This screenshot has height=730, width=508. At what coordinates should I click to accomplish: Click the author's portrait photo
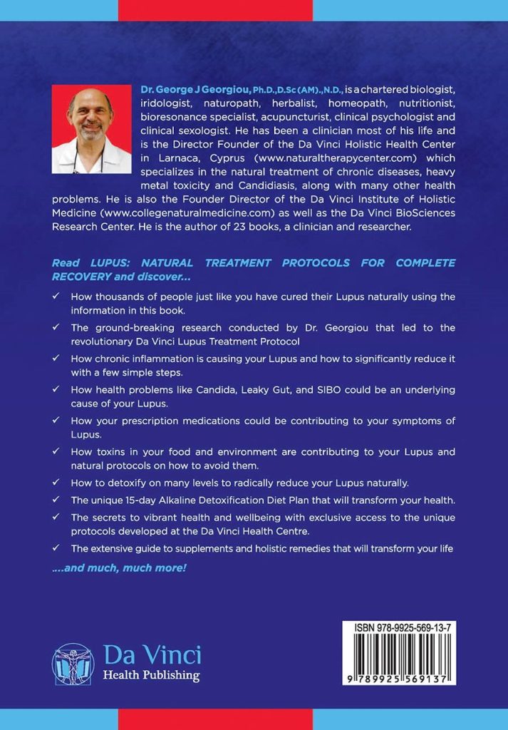(x=91, y=130)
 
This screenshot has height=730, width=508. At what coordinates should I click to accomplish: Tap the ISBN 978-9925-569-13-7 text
(x=399, y=628)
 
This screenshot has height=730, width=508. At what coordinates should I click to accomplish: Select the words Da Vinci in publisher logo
(x=152, y=654)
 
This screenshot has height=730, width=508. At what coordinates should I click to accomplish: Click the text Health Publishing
(x=152, y=675)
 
